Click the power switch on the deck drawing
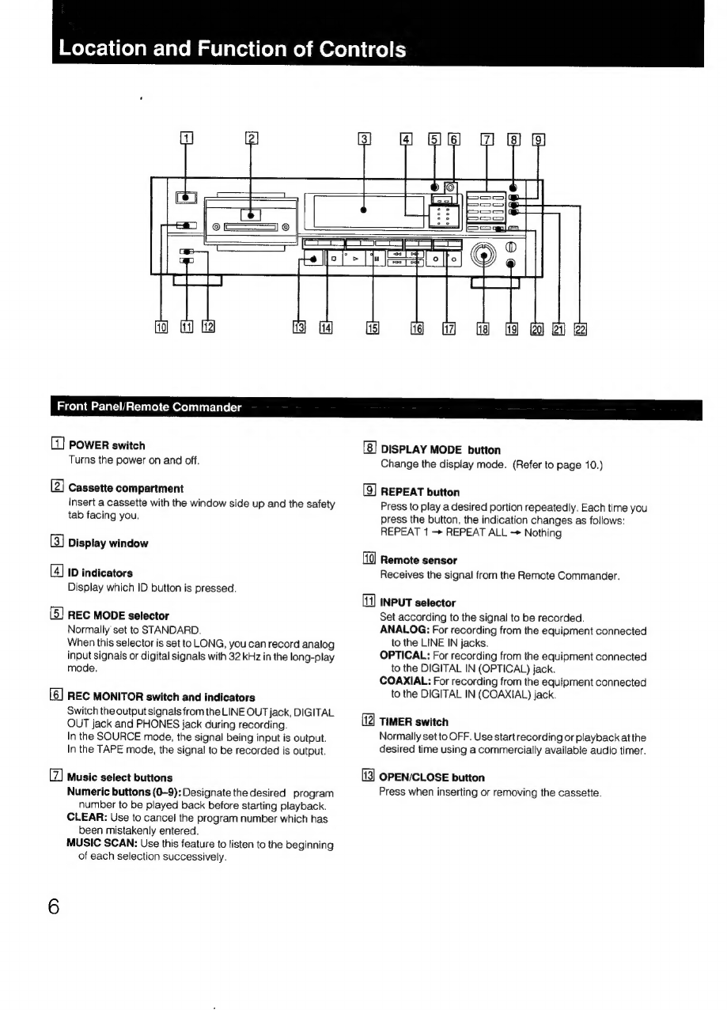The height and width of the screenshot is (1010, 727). pyautogui.click(x=187, y=199)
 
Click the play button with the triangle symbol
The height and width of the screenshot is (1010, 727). pyautogui.click(x=356, y=259)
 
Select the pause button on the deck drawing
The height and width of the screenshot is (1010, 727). pyautogui.click(x=376, y=259)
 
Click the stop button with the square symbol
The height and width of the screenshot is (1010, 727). pyautogui.click(x=334, y=259)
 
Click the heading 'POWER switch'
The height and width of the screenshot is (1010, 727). pyautogui.click(x=106, y=445)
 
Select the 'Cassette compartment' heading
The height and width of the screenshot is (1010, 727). pyautogui.click(x=126, y=488)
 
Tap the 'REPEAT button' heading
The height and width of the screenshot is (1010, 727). pyautogui.click(x=419, y=492)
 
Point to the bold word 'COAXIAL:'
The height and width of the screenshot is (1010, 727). pyautogui.click(x=405, y=682)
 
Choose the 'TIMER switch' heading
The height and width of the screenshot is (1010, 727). pyautogui.click(x=414, y=722)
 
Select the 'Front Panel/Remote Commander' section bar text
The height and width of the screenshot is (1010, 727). pyautogui.click(x=149, y=407)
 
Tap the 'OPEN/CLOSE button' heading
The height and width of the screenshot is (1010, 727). pyautogui.click(x=432, y=777)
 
